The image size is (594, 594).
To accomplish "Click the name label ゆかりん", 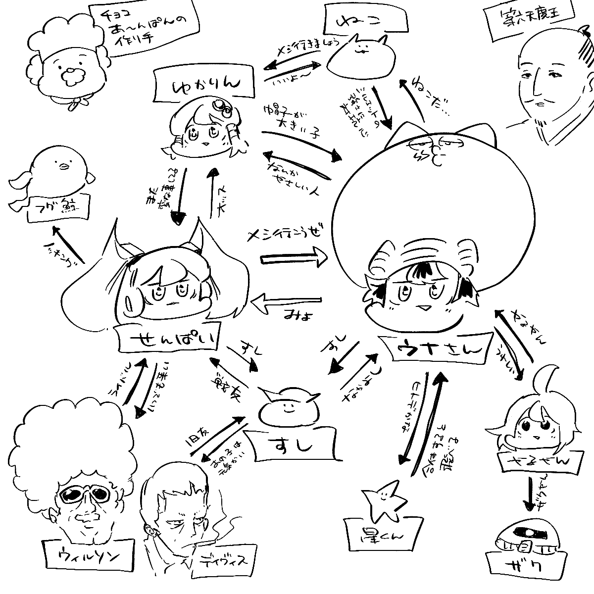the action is point(204,85).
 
